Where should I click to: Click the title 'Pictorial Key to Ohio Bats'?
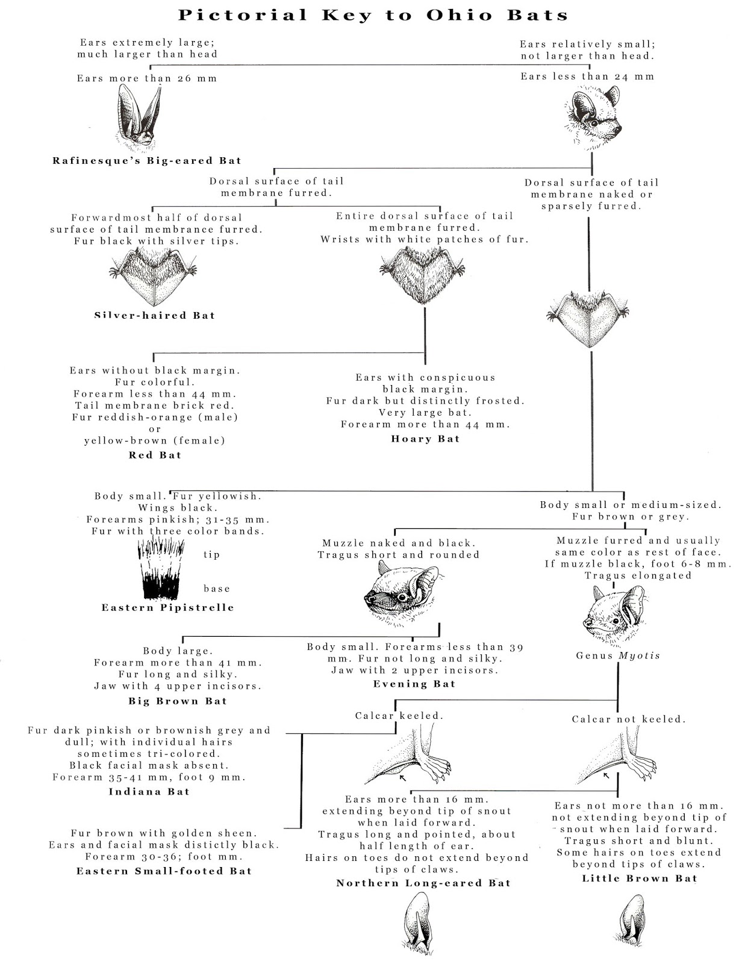pyautogui.click(x=373, y=16)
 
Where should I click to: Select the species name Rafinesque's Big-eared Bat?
pyautogui.click(x=147, y=161)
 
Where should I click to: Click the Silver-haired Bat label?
pyautogui.click(x=155, y=315)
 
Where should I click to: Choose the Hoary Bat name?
pyautogui.click(x=425, y=439)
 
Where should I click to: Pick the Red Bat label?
pyautogui.click(x=155, y=455)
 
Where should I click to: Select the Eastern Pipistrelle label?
pyautogui.click(x=167, y=607)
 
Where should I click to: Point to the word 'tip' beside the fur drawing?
pyautogui.click(x=211, y=554)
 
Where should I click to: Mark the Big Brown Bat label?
pyautogui.click(x=178, y=701)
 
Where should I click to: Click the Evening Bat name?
pyautogui.click(x=414, y=684)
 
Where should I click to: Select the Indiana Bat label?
pyautogui.click(x=149, y=792)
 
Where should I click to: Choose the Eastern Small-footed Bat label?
pyautogui.click(x=164, y=871)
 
